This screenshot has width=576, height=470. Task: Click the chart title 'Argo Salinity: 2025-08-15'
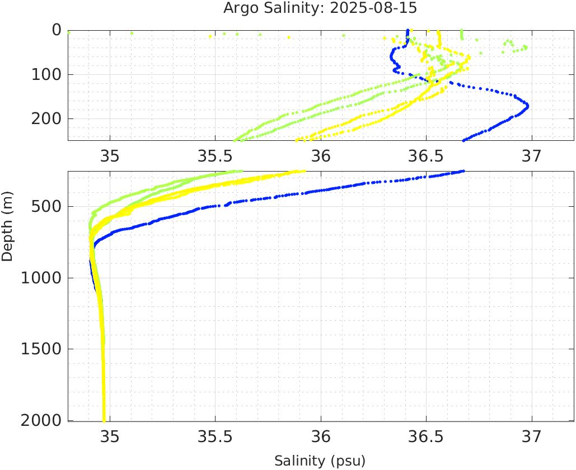coord(320,8)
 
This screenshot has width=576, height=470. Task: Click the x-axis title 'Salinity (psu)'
coord(320,461)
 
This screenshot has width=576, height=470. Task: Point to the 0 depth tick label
coord(57,30)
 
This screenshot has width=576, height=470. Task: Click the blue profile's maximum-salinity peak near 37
coord(527,105)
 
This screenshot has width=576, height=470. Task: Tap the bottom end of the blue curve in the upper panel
coord(463,140)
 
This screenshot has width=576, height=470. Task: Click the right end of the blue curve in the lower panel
coord(462,172)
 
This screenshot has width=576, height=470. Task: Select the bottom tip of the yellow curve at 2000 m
coord(104,420)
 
